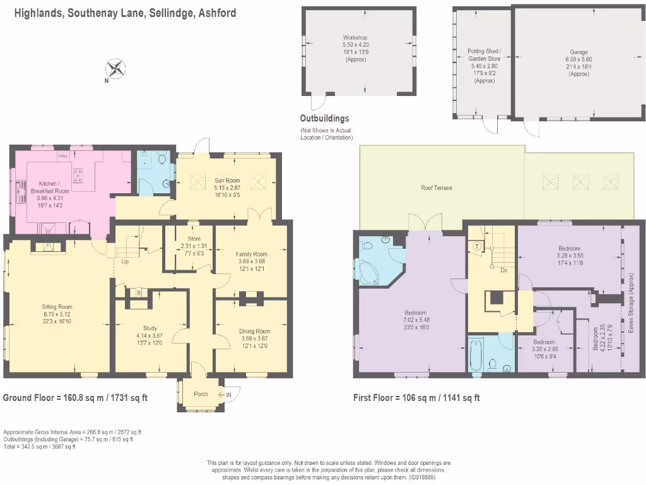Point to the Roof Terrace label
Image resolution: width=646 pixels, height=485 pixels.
[437, 188]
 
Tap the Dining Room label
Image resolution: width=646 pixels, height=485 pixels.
[254, 331]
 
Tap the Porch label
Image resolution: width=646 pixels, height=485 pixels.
[201, 394]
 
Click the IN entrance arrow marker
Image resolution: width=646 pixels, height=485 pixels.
[228, 394]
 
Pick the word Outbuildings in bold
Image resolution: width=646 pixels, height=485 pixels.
[324, 118]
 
